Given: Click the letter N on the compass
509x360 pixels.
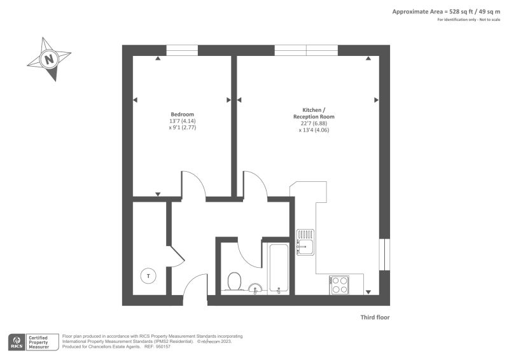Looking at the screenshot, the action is pyautogui.click(x=49, y=59).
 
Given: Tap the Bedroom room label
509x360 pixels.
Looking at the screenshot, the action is pyautogui.click(x=182, y=114).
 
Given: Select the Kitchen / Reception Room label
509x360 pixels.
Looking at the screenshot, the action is pyautogui.click(x=314, y=113).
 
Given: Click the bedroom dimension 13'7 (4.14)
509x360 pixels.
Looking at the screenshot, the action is pyautogui.click(x=182, y=121).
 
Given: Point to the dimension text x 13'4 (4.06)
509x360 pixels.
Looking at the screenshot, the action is pyautogui.click(x=314, y=130).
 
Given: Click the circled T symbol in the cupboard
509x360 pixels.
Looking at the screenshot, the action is pyautogui.click(x=148, y=276).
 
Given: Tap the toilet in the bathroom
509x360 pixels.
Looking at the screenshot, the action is pyautogui.click(x=234, y=281).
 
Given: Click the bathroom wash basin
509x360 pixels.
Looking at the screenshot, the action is pyautogui.click(x=256, y=288).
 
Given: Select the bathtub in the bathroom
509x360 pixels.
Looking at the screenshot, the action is pyautogui.click(x=279, y=269).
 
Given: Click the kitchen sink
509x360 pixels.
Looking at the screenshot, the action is pyautogui.click(x=305, y=242).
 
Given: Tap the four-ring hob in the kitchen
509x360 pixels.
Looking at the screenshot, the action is pyautogui.click(x=339, y=285).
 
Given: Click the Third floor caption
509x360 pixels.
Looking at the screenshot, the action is pyautogui.click(x=375, y=317).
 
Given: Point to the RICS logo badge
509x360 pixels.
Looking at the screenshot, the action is pyautogui.click(x=17, y=342).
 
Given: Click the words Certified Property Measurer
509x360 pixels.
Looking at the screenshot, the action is pyautogui.click(x=38, y=342).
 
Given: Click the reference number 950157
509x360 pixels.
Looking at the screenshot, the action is pyautogui.click(x=163, y=347).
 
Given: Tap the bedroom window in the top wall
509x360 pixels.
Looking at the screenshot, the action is pyautogui.click(x=182, y=50).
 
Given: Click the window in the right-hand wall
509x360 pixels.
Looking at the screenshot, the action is pyautogui.click(x=385, y=254).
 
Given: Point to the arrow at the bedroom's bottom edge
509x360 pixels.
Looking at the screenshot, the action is pyautogui.click(x=158, y=194).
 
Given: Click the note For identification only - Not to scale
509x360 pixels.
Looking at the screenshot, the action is pyautogui.click(x=469, y=20).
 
